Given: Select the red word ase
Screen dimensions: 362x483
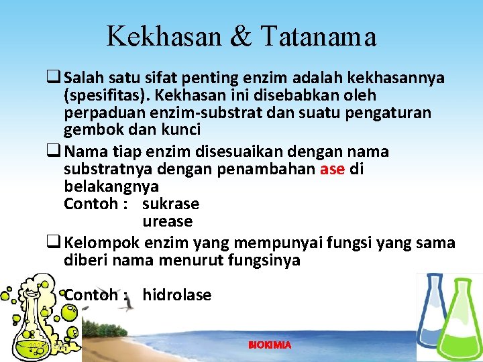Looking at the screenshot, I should (x=333, y=169).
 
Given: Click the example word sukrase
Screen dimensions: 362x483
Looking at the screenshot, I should (x=171, y=204).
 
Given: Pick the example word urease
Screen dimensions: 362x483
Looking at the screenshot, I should (x=167, y=221).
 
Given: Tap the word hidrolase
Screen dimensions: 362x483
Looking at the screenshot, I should (x=177, y=295).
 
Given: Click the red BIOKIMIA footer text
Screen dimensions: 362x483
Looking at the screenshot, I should (x=270, y=345).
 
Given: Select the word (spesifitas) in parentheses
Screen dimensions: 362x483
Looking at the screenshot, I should (x=108, y=96).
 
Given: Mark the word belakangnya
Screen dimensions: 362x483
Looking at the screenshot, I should (x=111, y=186).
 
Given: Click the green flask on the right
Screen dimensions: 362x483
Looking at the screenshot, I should (x=460, y=322).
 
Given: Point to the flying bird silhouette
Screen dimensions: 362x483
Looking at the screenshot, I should (x=125, y=306).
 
